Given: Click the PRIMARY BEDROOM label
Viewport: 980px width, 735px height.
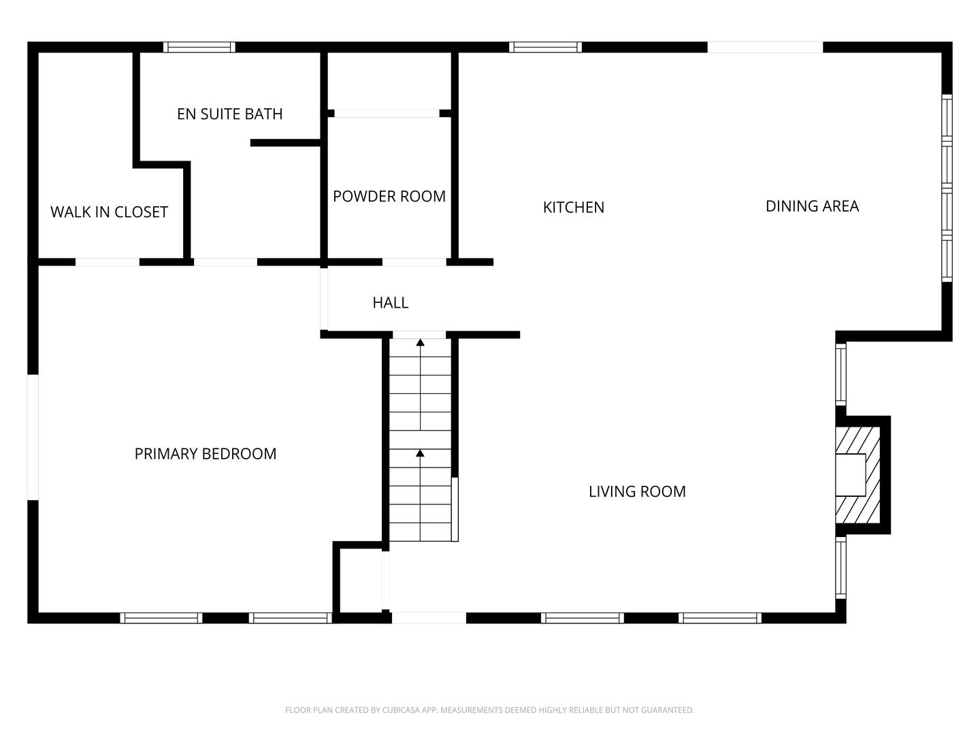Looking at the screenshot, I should click(x=205, y=454).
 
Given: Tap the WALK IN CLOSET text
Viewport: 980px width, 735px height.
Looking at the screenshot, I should click(x=109, y=212).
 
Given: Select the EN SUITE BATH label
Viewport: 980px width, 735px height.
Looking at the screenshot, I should click(x=229, y=114).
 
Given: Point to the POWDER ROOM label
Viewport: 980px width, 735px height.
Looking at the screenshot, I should click(x=389, y=196).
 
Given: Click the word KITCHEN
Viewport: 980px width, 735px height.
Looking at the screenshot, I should click(x=573, y=207).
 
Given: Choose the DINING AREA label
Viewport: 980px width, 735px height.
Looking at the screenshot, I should click(x=812, y=206).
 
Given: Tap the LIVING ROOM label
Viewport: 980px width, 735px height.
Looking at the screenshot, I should click(x=637, y=491).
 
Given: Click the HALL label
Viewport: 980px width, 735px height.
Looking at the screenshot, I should click(x=390, y=303).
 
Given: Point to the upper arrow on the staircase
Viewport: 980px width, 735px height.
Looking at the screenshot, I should click(x=421, y=343).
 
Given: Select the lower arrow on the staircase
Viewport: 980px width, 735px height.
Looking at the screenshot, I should click(x=421, y=453).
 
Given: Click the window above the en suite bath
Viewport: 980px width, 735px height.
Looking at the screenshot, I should click(x=199, y=47).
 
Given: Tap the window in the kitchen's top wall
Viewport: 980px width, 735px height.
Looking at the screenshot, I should click(x=545, y=47).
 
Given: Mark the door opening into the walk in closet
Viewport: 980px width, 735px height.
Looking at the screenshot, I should click(x=108, y=262).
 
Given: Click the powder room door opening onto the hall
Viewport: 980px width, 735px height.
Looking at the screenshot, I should click(x=414, y=262).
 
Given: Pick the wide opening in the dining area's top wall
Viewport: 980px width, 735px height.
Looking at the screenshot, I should click(x=765, y=47).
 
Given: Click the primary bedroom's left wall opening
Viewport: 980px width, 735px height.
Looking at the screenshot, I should click(x=33, y=437).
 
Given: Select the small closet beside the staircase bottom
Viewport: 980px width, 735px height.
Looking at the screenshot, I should click(x=361, y=578).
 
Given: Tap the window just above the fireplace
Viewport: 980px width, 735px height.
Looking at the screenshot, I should click(x=841, y=374).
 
